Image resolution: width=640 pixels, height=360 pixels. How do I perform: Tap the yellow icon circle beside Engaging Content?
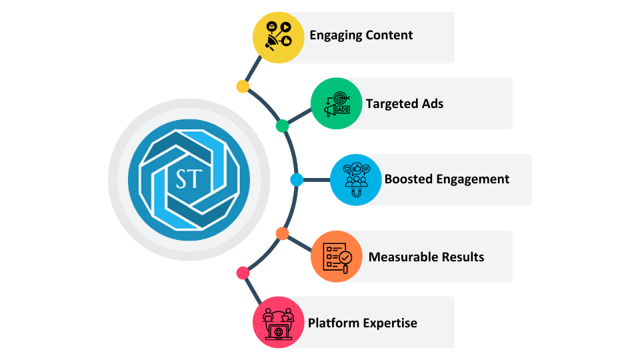coord(279,37)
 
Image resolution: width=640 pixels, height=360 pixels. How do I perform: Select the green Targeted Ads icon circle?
coord(337,103)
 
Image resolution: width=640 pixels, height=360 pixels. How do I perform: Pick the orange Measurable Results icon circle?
coord(337,257)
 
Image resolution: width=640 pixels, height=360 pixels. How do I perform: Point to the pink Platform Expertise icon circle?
coord(279,323)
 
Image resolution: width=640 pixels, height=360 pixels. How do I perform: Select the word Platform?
coord(333,323)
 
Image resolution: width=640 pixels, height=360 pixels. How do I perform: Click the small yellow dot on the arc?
coord(243,87)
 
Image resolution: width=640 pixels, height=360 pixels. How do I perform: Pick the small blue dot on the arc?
coord(297,180)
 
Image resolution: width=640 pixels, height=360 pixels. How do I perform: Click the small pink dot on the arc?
coord(243,273)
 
